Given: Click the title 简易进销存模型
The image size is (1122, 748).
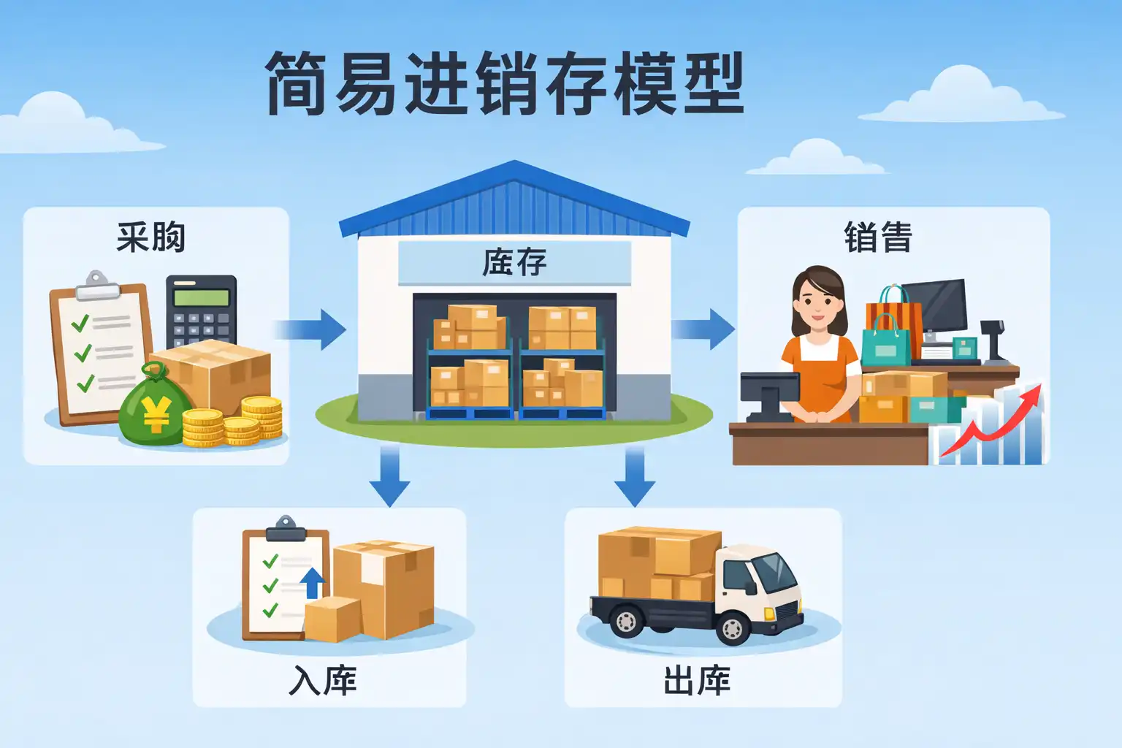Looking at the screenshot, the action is tap(505, 83).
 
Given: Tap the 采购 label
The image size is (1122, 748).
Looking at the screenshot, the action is tap(150, 237).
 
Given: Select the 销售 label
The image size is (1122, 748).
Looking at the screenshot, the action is tap(878, 237).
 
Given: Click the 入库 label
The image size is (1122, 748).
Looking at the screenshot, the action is tap(323, 680).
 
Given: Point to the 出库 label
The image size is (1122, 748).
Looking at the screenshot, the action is tap(697, 680).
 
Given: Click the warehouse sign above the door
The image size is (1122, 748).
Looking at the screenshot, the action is tap(514, 263).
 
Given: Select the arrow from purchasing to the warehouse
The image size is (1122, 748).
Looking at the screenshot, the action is tap(310, 329).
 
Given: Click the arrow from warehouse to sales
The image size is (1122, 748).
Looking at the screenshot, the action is tap(703, 329).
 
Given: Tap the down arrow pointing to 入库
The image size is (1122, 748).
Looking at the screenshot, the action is tap(389, 476).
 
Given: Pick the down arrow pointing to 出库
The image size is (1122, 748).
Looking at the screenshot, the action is tap(635, 476).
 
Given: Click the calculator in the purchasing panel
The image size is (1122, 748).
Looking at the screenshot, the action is tap(202, 312).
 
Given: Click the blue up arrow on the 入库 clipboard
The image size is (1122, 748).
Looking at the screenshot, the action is tap(312, 583).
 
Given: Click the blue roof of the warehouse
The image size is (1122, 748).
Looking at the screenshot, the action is tap(514, 200).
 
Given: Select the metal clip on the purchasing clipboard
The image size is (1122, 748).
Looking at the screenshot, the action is tap(96, 286).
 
